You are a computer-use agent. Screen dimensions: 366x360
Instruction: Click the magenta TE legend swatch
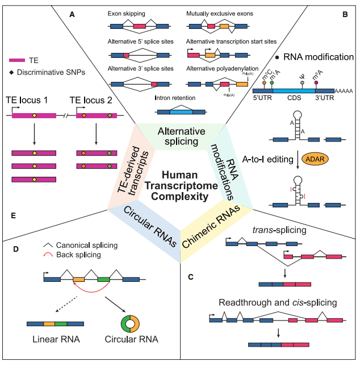tap(18, 59)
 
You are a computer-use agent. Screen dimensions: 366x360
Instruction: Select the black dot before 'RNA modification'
tap(277, 57)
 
